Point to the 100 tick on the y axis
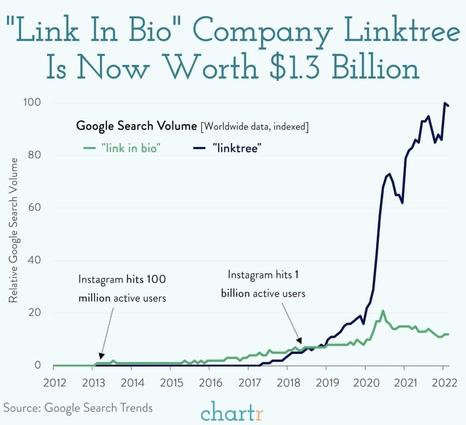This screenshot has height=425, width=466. (x=32, y=103)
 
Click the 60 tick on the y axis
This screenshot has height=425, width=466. (x=34, y=207)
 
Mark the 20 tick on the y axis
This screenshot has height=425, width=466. (x=34, y=313)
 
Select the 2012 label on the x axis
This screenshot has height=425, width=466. (x=54, y=383)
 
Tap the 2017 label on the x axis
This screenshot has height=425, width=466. (x=249, y=383)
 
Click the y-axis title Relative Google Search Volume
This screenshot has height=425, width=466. (x=13, y=230)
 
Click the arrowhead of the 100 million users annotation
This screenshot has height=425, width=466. (x=101, y=355)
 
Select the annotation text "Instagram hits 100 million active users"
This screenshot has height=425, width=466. (x=122, y=289)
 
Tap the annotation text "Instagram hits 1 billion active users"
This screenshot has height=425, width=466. (x=263, y=284)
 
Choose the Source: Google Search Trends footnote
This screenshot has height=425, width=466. (x=78, y=408)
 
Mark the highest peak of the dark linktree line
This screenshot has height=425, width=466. (x=445, y=103)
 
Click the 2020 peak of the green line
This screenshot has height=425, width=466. (x=383, y=311)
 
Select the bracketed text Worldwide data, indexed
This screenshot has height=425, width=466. (x=255, y=127)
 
